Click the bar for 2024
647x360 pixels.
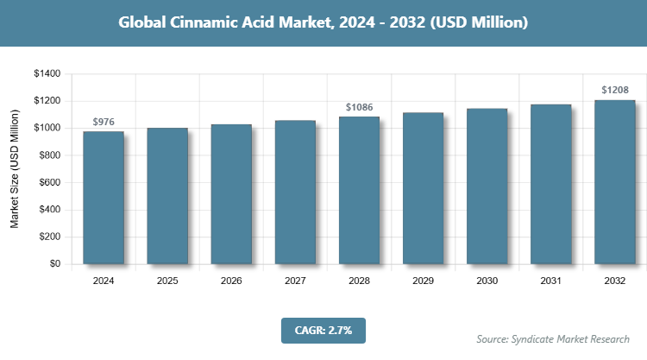pos(104,198)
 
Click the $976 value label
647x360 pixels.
pos(104,122)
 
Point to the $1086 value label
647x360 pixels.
pos(359,107)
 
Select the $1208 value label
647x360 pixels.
pos(614,90)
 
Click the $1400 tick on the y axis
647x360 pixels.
pos(47,74)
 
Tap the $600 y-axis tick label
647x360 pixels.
pos(49,183)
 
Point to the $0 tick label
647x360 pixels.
pos(54,264)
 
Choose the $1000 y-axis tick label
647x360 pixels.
pos(47,129)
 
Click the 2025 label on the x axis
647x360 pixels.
pos(167,281)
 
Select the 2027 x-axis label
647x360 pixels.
pos(295,281)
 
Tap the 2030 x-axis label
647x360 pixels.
pos(487,281)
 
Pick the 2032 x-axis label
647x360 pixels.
pos(614,281)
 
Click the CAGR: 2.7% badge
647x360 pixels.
pos(323,330)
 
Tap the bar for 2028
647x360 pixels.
pos(359,190)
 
